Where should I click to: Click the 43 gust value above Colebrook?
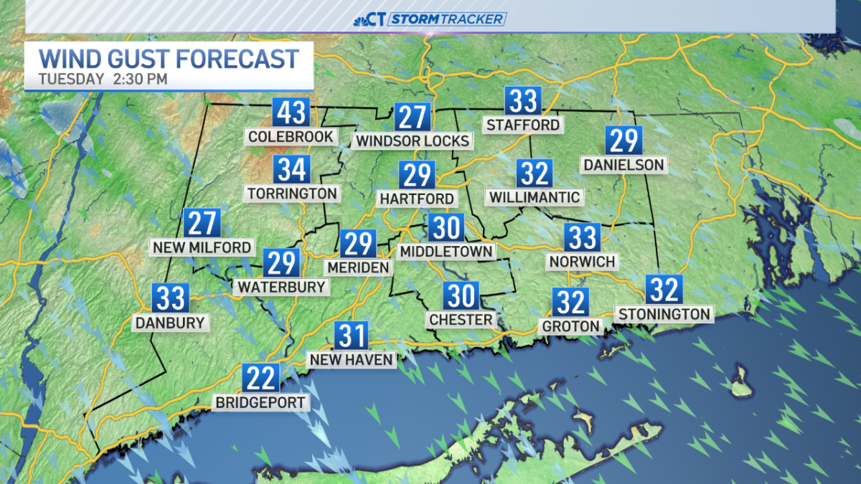pos(291,113)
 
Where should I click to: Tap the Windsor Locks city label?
pos(413,141)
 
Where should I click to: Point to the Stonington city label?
pos(664,314)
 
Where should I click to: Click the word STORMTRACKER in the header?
pos(448,19)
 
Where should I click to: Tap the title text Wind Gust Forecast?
pos(168,58)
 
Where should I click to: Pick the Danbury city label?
pos(171,323)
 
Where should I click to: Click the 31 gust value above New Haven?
pos(352,336)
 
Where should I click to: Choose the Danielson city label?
pos(623,165)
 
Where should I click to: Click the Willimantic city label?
pos(535,196)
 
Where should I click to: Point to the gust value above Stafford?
pos(522,101)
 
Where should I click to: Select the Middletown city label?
pos(446,251)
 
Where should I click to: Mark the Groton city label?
pos(570,326)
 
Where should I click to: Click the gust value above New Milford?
pos(202,224)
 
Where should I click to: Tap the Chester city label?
pos(461,319)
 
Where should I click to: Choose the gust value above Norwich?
pos(582,237)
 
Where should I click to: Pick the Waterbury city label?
pos(281,287)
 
